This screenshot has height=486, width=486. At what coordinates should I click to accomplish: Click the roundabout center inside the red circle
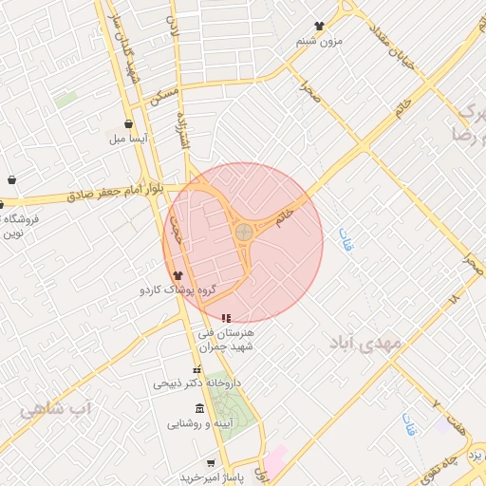tap(244, 231)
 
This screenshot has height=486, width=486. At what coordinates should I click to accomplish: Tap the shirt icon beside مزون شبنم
tap(319, 27)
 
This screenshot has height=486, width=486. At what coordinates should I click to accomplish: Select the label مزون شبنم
tap(318, 41)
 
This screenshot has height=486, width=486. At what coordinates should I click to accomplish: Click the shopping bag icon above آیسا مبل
tap(128, 123)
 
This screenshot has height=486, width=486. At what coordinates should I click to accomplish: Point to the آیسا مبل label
tap(128, 139)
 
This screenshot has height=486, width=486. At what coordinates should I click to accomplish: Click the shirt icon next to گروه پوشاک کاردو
tap(178, 274)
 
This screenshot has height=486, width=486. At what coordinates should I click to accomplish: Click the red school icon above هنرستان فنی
tap(225, 318)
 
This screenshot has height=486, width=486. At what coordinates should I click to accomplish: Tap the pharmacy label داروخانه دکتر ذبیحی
tap(197, 383)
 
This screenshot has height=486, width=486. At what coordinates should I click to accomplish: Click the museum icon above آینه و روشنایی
tap(197, 408)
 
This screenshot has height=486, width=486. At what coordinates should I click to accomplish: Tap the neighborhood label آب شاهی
tap(56, 408)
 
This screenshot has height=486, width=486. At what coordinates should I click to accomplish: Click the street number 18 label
tap(453, 298)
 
